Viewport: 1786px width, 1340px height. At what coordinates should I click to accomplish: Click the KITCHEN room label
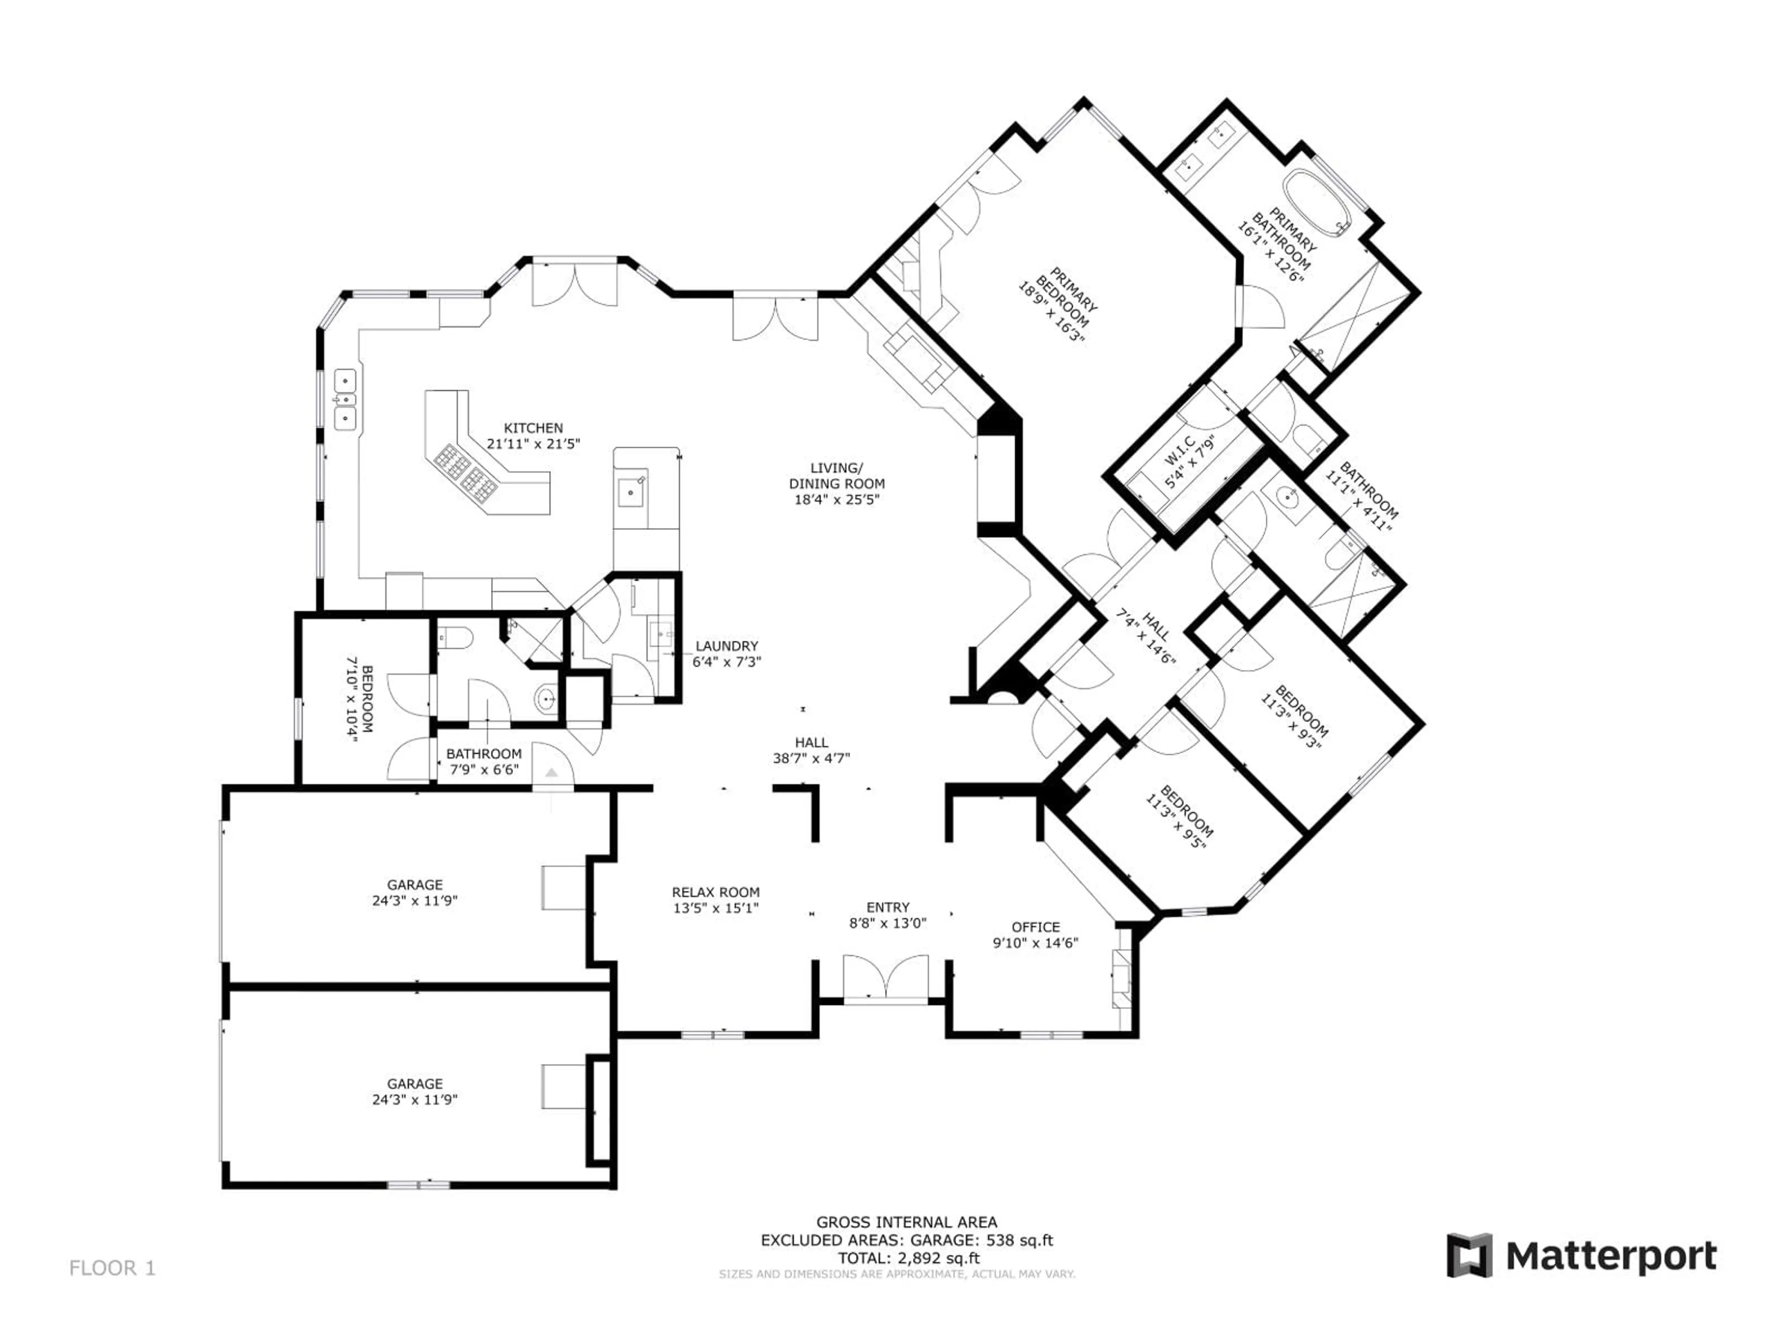coord(533,428)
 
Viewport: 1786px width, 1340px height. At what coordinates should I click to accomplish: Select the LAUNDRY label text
coord(726,646)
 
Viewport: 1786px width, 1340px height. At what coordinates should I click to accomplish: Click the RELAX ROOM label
coord(715,892)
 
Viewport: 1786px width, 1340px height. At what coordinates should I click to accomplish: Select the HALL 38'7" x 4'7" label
coord(812,750)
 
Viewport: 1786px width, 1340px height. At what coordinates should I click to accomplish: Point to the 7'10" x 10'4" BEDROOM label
coord(360,699)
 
